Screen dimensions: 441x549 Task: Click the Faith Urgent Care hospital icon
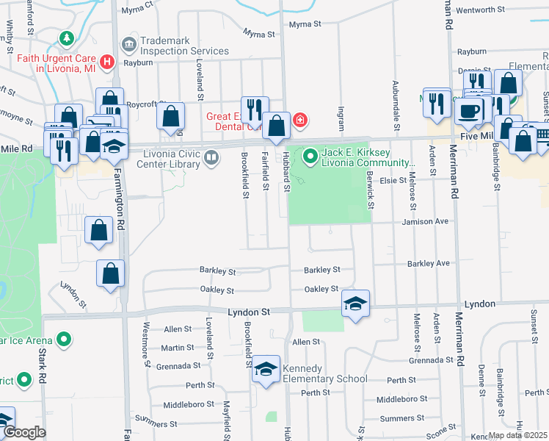[107, 62]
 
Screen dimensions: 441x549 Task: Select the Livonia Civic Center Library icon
[211, 157]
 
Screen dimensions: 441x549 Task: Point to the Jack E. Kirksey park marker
[310, 155]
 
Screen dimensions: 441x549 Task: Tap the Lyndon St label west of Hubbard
[249, 312]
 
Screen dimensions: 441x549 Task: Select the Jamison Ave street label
[424, 221]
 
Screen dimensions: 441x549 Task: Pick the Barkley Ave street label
[428, 263]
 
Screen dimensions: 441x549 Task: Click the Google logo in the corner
[24, 433]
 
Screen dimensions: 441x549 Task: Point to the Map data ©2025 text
[518, 435]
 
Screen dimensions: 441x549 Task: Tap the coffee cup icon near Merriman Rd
[468, 112]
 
